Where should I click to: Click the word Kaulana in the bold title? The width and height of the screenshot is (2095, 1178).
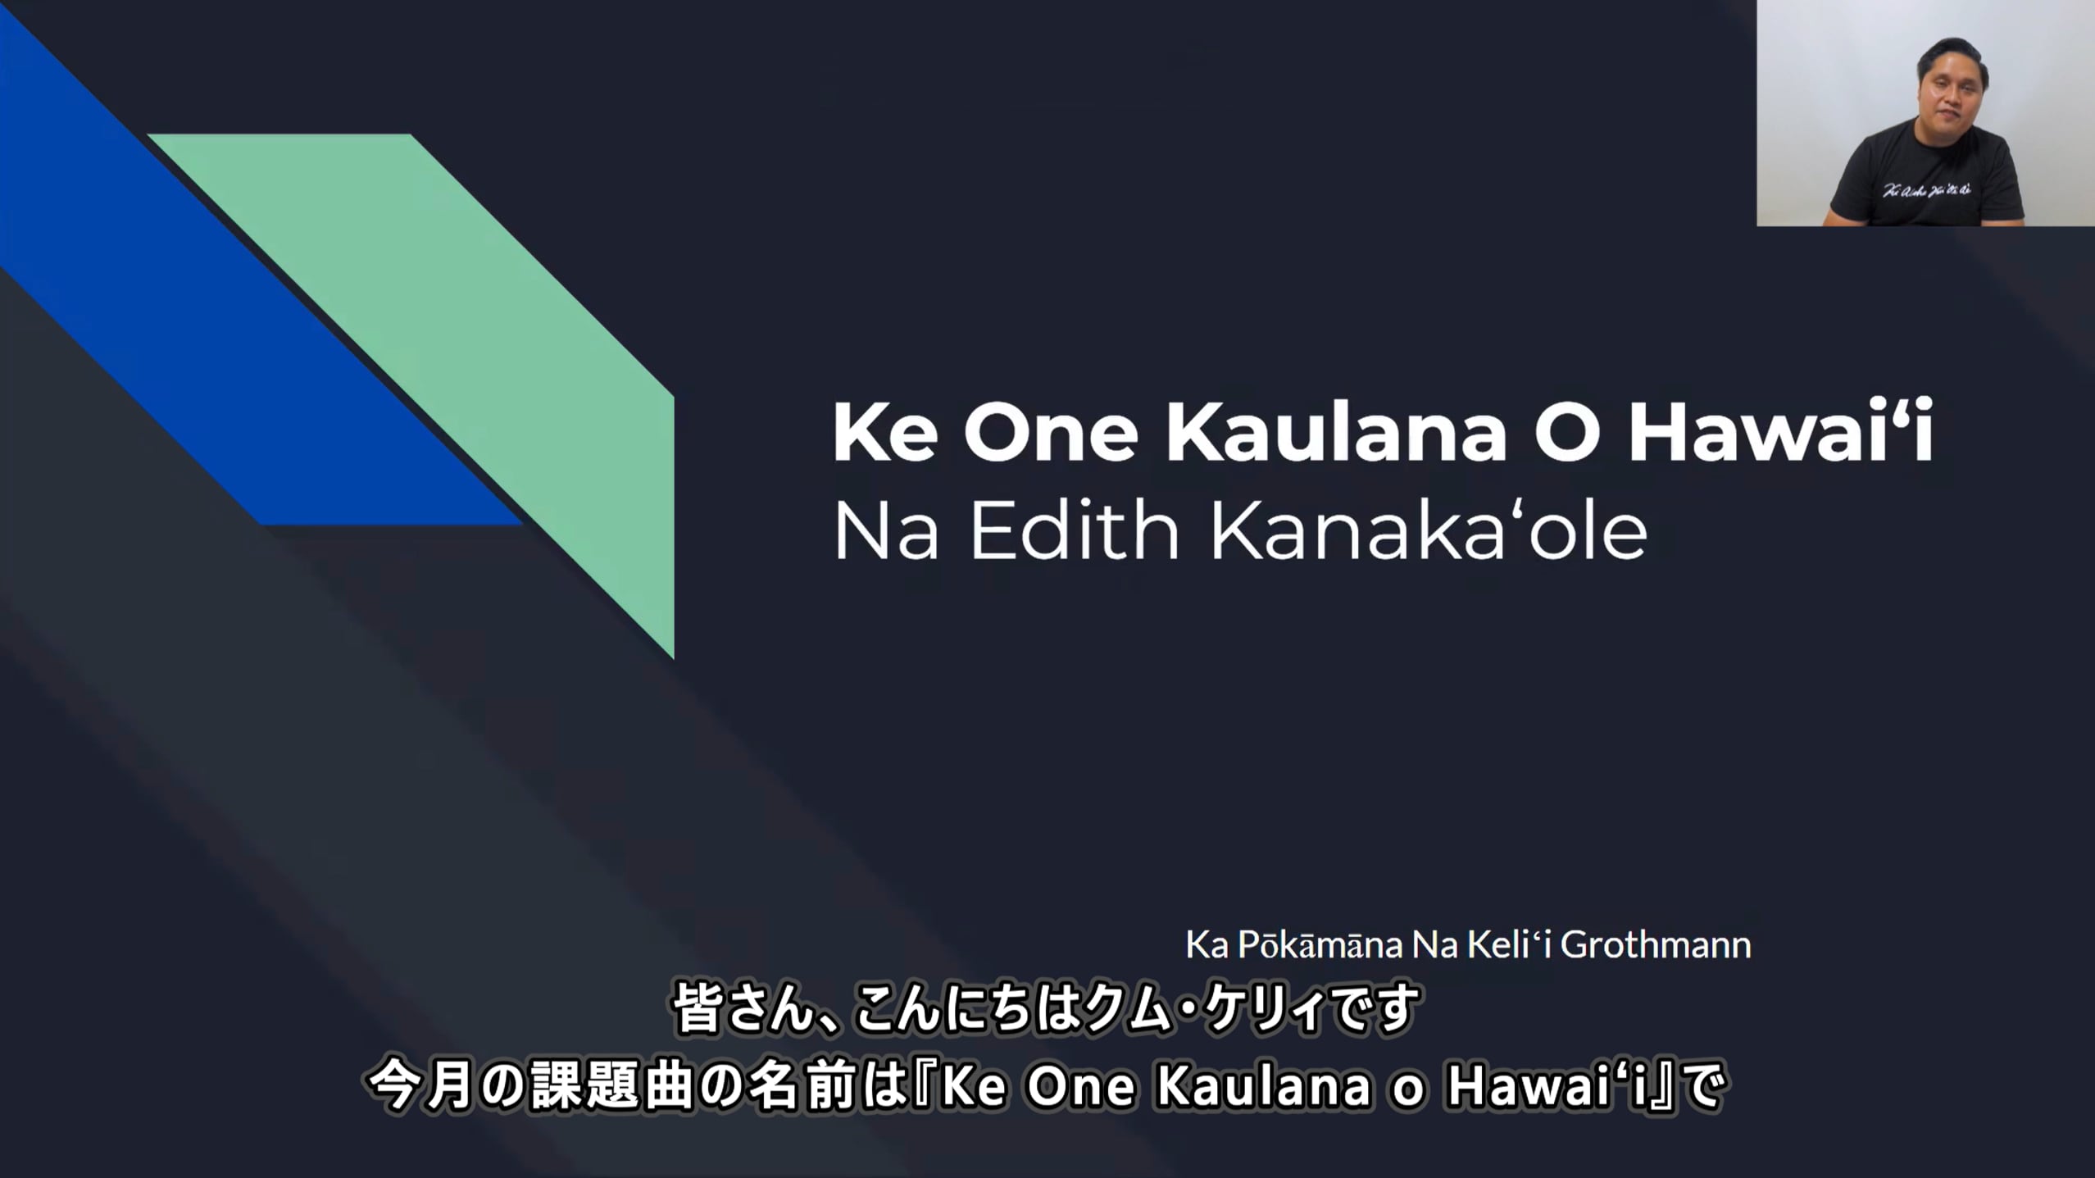click(x=1336, y=432)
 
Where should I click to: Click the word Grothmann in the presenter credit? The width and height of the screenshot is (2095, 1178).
click(x=1655, y=945)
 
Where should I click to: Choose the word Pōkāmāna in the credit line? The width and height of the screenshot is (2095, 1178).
click(x=1320, y=945)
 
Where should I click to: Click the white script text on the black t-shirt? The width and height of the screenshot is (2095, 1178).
click(x=1926, y=190)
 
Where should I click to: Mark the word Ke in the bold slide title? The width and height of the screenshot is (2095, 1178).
click(x=885, y=432)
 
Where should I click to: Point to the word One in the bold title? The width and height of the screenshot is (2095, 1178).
click(x=1051, y=432)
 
